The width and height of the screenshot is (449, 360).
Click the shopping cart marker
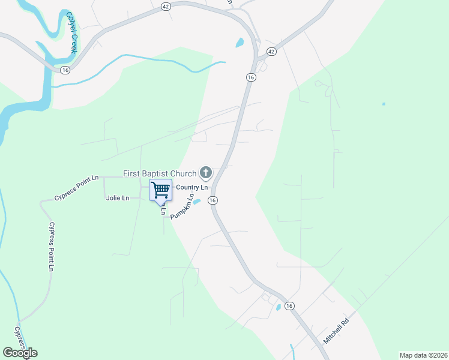click(x=160, y=190)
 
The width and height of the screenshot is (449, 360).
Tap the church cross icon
click(x=206, y=173)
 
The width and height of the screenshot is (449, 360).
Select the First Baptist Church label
click(x=160, y=173)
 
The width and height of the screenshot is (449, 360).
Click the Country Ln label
click(x=191, y=187)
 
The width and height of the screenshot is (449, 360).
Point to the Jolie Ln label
click(x=117, y=197)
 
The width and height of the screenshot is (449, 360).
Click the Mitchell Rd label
click(x=336, y=331)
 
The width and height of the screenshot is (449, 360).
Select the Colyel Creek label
click(x=71, y=32)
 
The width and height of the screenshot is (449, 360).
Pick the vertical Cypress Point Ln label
click(x=51, y=246)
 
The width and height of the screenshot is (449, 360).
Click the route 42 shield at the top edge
click(x=166, y=5)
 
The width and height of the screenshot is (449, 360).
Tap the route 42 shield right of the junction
click(x=271, y=52)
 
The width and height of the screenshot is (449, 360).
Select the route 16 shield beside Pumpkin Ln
click(x=212, y=200)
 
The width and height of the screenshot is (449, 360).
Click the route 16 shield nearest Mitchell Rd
click(x=289, y=305)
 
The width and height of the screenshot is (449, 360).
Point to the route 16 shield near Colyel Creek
click(x=65, y=70)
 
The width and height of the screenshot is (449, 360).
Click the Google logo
click(x=20, y=353)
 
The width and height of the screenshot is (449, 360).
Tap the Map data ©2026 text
click(x=423, y=355)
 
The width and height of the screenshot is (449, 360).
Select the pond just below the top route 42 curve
click(x=240, y=43)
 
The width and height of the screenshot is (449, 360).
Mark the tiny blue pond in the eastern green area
click(x=384, y=104)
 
